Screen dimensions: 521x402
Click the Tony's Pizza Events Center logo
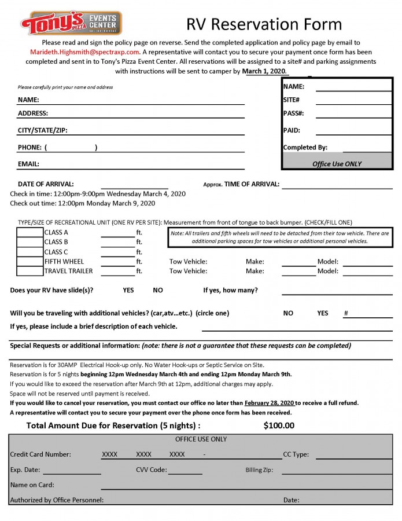(x=71, y=23)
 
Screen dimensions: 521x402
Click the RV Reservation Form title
(x=264, y=24)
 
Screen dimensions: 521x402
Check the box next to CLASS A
(x=29, y=233)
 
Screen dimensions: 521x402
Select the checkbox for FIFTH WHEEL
(x=29, y=262)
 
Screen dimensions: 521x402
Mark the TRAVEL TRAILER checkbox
(x=29, y=271)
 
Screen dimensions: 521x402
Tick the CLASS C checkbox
(x=29, y=252)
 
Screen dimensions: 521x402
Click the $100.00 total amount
(x=279, y=425)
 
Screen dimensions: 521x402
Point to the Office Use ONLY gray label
(x=337, y=164)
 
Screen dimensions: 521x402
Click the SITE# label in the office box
(x=292, y=100)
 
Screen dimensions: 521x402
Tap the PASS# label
(x=293, y=113)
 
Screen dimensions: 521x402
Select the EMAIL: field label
(x=28, y=164)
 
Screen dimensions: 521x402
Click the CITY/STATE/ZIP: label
(x=43, y=130)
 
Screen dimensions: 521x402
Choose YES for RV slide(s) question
(x=128, y=290)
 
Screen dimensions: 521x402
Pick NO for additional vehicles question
(x=288, y=313)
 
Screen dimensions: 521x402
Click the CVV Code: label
(x=152, y=470)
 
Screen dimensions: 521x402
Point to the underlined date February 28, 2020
(x=270, y=403)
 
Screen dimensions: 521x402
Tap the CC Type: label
(x=296, y=454)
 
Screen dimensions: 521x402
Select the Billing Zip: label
(x=259, y=470)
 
